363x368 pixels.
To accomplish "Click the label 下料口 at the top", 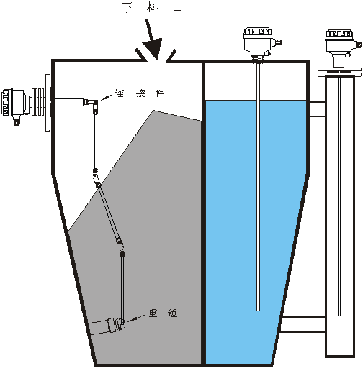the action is [153, 7].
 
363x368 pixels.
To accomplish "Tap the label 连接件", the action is [140, 93].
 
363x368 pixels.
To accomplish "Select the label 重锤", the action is [163, 313].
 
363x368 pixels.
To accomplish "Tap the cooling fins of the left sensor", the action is [38, 103].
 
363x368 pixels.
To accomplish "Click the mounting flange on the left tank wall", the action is [48, 103].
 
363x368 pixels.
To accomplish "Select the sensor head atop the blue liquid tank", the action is [260, 43].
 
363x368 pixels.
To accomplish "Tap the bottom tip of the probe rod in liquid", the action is [259, 310].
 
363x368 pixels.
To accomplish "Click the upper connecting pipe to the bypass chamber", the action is [318, 109].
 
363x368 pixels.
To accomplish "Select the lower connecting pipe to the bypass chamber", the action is [303, 324].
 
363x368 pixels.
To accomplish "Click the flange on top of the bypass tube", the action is [339, 72].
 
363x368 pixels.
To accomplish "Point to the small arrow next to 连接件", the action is [106, 98].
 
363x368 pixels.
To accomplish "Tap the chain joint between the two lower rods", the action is [120, 244].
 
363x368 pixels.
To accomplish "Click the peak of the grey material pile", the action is [153, 111].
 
